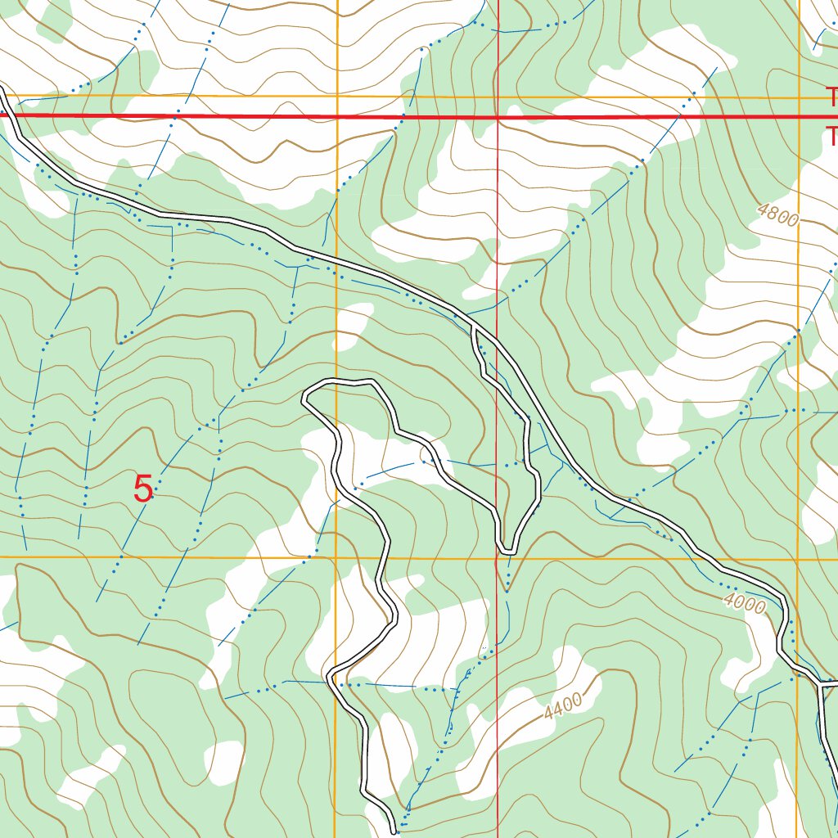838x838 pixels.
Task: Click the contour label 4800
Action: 777,215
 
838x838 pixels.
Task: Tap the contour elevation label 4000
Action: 745,605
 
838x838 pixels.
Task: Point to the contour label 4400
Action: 562,706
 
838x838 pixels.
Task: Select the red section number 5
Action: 143,490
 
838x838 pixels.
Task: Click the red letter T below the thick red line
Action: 831,136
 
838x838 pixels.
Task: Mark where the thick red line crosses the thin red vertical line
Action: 498,117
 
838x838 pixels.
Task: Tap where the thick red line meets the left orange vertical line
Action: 337,117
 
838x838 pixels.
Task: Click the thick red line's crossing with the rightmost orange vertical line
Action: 798,117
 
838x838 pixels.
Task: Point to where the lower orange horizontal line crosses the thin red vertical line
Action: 498,559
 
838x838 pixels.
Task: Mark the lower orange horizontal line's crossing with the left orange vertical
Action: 336,558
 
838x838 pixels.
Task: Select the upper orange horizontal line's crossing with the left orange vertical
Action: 337,97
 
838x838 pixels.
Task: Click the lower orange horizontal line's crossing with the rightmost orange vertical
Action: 798,560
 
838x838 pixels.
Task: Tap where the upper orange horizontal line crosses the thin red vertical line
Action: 498,98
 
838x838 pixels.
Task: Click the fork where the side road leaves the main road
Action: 475,326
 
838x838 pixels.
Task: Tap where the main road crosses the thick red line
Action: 9,115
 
